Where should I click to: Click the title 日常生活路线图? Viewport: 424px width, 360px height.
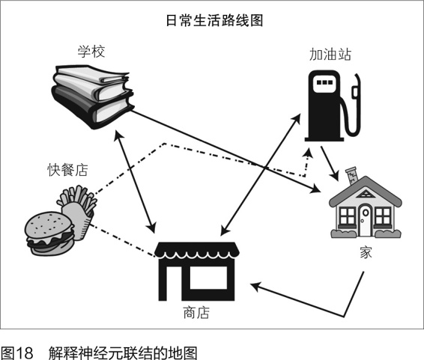point(214,20)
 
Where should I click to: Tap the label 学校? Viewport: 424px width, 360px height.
point(91,51)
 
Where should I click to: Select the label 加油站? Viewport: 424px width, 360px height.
point(330,55)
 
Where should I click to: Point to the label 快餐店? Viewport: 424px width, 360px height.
point(67,170)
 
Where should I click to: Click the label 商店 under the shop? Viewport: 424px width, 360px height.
point(196,312)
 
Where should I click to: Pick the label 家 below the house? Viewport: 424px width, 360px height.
point(366,252)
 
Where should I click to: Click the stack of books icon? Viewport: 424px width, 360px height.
point(92,97)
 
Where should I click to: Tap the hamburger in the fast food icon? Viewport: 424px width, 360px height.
point(49,234)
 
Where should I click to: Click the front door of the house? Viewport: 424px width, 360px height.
point(365,220)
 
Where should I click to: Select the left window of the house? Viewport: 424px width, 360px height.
point(347,216)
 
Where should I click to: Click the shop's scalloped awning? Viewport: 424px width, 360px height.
point(197,250)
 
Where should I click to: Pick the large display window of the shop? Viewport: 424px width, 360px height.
point(208,278)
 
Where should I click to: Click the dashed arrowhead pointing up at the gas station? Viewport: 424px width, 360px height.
point(308,153)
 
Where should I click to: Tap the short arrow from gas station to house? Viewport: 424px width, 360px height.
point(330,164)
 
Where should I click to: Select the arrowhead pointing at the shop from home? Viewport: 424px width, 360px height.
point(255,286)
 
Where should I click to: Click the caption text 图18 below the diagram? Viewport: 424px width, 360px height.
point(17,353)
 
